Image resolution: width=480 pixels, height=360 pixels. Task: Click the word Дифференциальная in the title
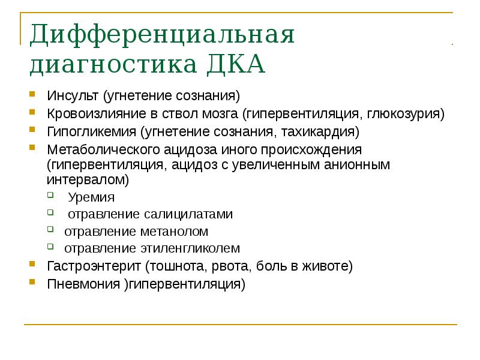pos(163,34)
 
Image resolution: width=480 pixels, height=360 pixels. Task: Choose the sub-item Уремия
pos(91,197)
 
